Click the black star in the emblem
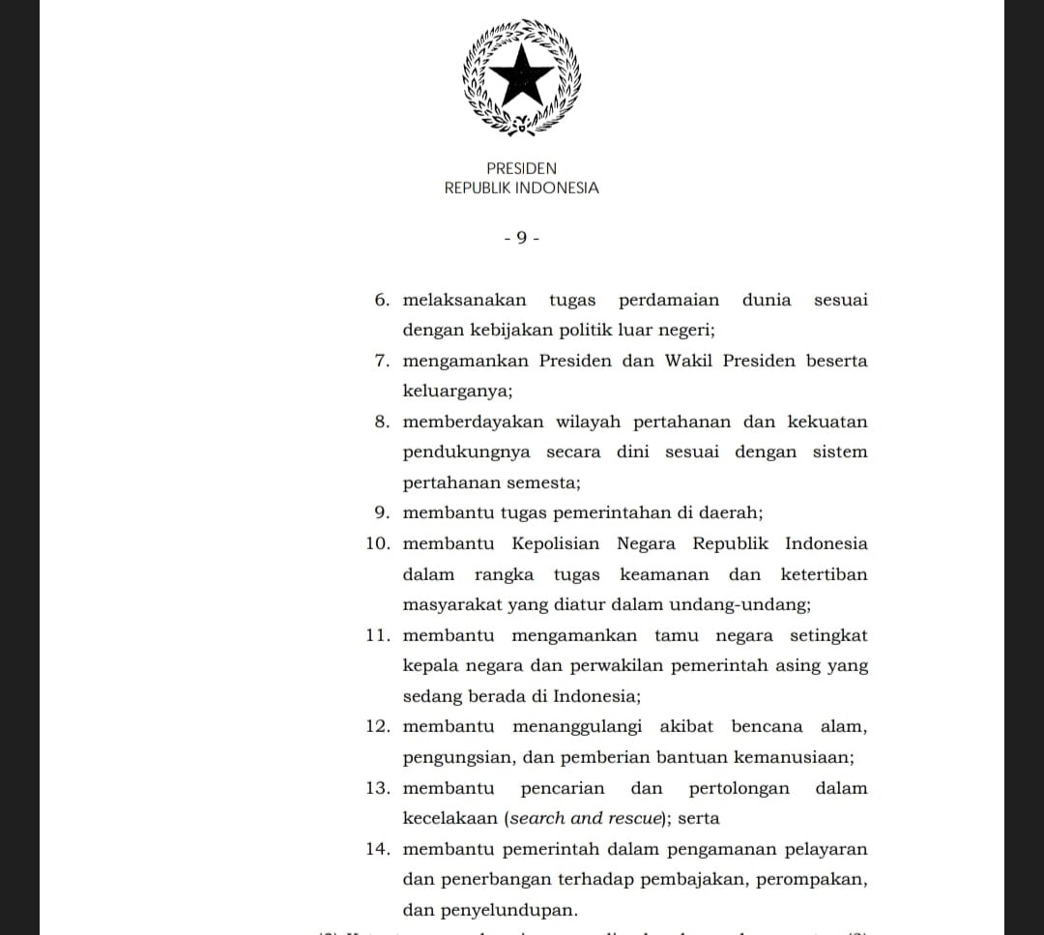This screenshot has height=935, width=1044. pos(521,74)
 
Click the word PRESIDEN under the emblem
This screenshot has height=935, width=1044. pos(521,168)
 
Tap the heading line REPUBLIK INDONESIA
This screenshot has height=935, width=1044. pos(521,189)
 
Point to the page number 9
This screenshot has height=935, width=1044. pos(521,238)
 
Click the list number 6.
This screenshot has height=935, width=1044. pos(382,300)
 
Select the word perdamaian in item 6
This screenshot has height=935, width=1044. pos(669,300)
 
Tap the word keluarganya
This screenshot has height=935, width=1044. pos(457,392)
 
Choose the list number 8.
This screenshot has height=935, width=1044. pos(382,422)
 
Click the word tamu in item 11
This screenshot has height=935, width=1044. pos(676,635)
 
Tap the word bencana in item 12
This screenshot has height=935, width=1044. pos(767,726)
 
